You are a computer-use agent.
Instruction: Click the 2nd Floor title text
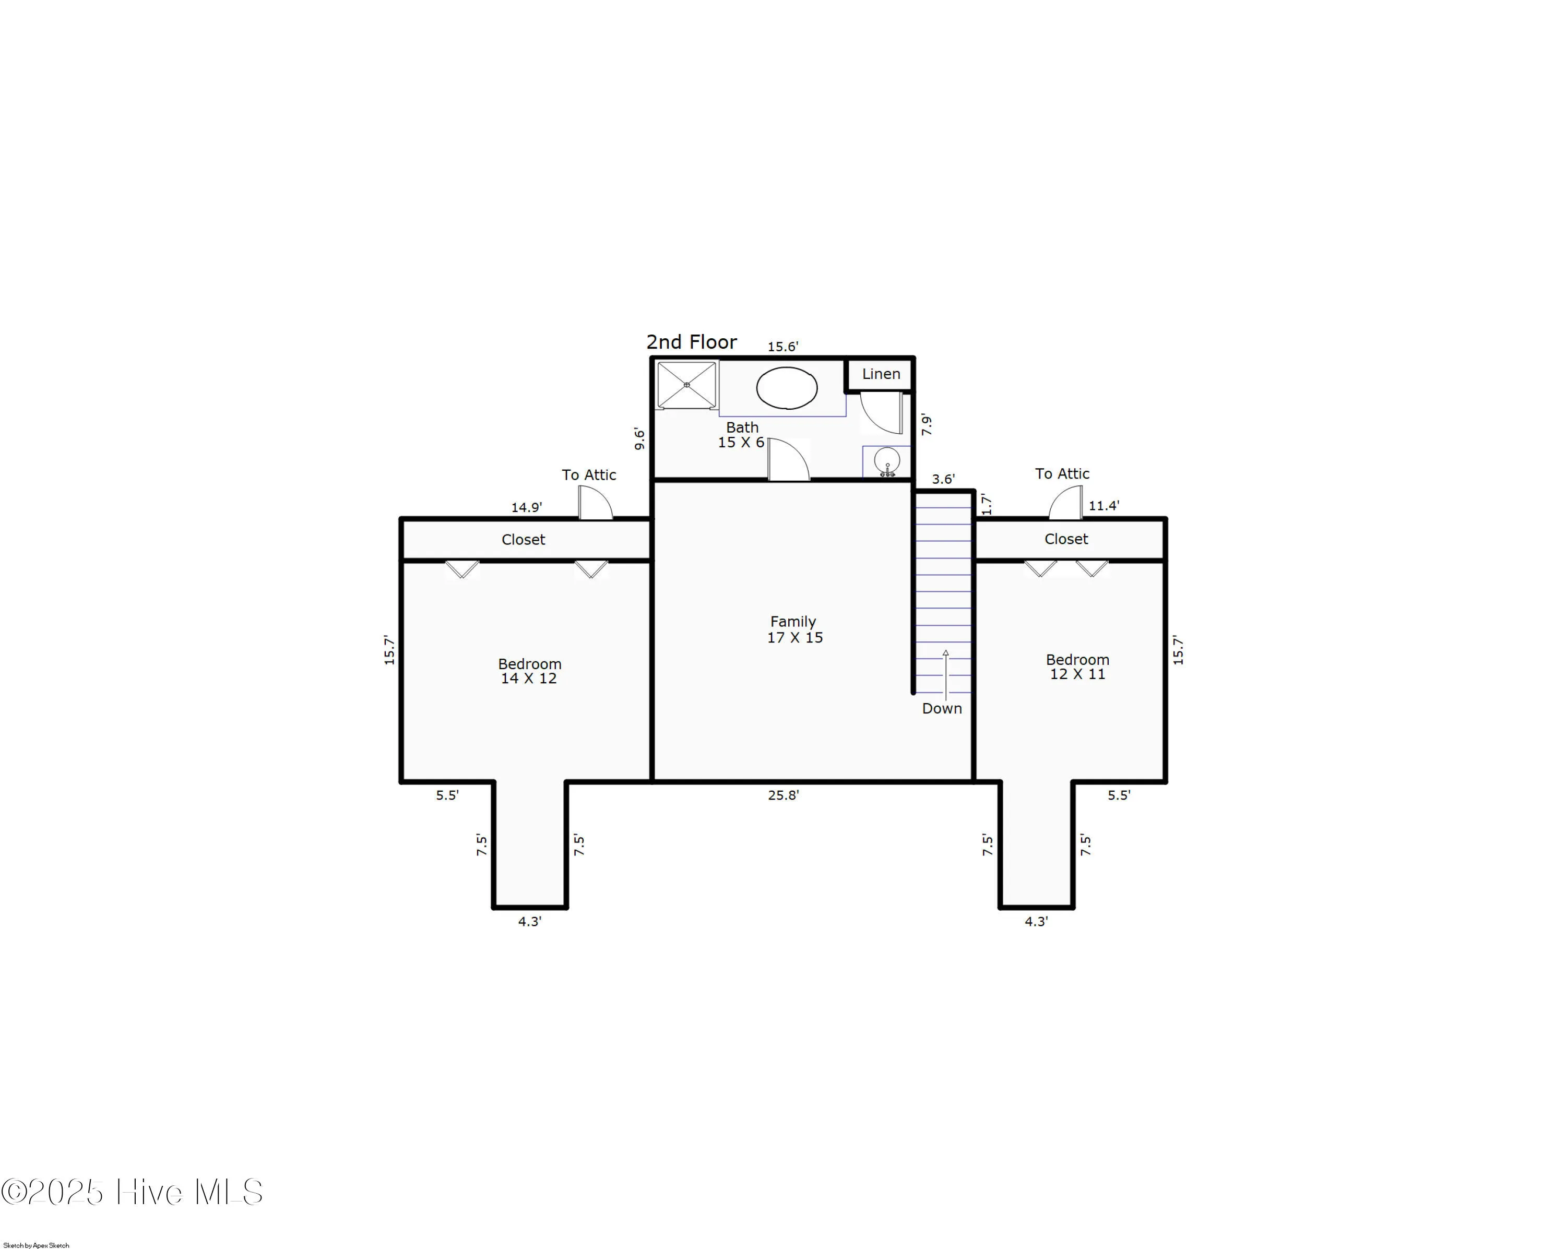click(692, 342)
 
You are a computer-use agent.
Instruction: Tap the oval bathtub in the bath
click(787, 388)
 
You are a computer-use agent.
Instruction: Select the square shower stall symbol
click(686, 385)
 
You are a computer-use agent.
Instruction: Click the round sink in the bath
click(887, 461)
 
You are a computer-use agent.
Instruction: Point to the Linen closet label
click(880, 374)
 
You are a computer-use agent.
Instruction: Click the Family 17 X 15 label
click(794, 629)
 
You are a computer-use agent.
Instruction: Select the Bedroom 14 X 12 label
click(529, 671)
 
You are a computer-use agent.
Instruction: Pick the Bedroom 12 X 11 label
click(1077, 667)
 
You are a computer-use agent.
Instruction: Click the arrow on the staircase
click(946, 672)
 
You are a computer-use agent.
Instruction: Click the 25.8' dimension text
click(783, 795)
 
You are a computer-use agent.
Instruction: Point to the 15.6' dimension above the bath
click(783, 347)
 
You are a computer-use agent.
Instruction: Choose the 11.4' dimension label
click(1104, 506)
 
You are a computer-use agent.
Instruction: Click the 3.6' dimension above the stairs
click(943, 479)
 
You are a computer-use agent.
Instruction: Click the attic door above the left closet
click(596, 503)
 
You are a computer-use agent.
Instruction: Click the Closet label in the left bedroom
click(523, 540)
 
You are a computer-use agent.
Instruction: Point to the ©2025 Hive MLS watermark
click(132, 1192)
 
